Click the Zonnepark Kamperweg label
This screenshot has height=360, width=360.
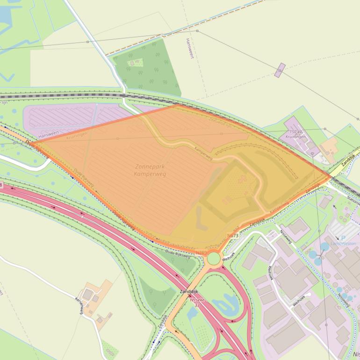coord(150,170)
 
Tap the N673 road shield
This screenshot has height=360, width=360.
coord(233,236)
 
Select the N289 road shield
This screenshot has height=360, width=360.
coord(201,252)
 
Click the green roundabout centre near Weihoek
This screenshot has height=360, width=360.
coord(214,258)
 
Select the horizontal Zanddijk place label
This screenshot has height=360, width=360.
coord(189,291)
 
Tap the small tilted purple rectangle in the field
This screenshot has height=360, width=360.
coord(280,70)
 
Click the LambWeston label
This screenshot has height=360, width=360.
coord(343,243)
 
